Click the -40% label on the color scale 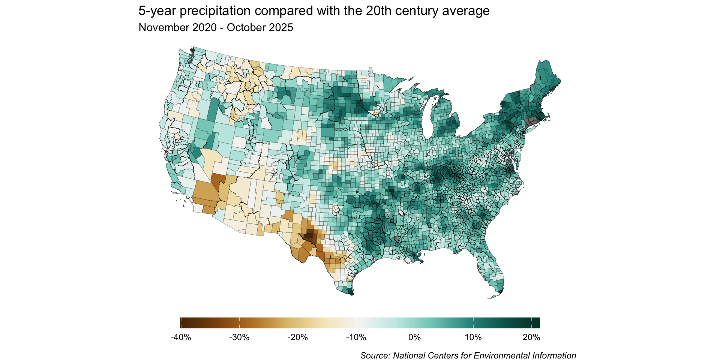(181, 337)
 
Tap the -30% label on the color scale (239, 337)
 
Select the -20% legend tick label (298, 337)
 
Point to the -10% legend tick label (356, 337)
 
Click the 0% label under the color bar (414, 337)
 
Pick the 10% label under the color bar (473, 337)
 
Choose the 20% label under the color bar (531, 337)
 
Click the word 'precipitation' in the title (215, 11)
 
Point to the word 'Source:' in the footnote (375, 355)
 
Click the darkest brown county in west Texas (309, 237)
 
